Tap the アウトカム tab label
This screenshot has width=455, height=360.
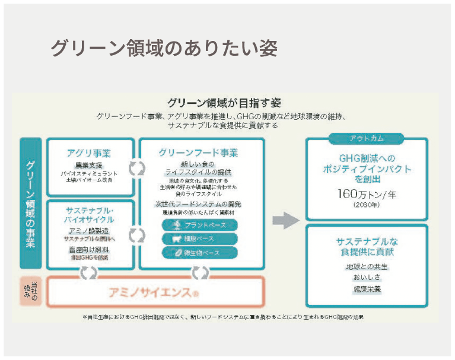click(x=366, y=139)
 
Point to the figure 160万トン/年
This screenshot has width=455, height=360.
click(x=366, y=193)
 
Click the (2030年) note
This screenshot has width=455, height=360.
click(x=366, y=205)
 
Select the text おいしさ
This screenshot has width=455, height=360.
click(x=366, y=277)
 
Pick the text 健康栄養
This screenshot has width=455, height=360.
click(x=366, y=289)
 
